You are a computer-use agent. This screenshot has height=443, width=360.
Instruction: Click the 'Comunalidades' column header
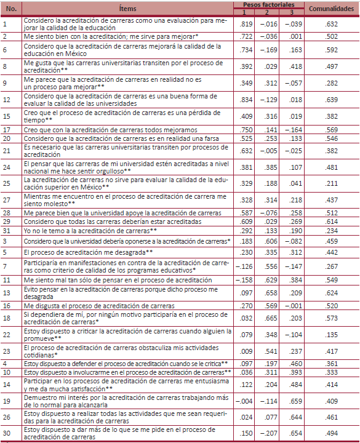[330, 9]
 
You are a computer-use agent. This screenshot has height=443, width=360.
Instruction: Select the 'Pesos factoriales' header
[265, 5]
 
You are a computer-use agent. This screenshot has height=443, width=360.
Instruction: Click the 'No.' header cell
[12, 9]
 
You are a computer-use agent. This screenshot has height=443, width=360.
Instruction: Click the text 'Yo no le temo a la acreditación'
[89, 231]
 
